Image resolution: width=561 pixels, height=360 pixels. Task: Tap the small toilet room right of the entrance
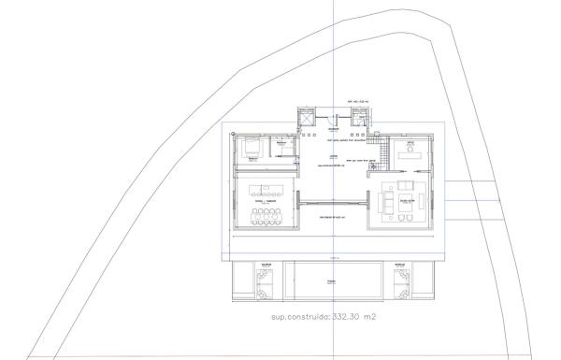coord(360,117)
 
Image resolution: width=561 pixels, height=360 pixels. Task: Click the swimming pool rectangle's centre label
coord(329,280)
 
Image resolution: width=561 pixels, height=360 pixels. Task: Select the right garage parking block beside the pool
coord(401,281)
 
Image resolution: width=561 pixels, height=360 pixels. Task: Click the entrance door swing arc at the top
coord(333,118)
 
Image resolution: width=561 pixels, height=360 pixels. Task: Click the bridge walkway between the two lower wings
coord(332,200)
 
